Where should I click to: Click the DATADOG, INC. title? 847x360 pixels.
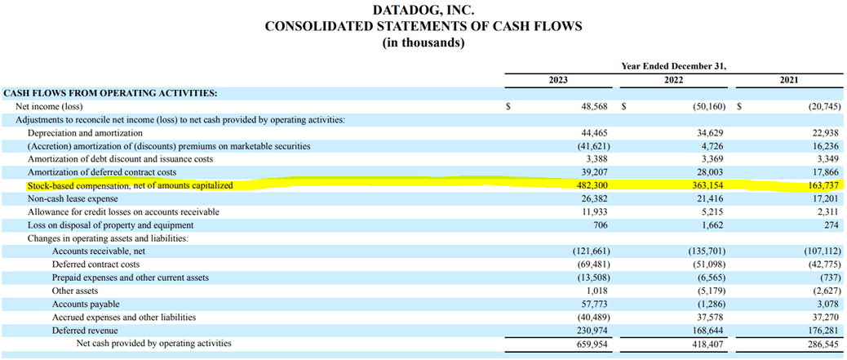pyautogui.click(x=423, y=11)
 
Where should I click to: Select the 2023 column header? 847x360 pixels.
pyautogui.click(x=558, y=80)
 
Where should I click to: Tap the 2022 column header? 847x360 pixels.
pyautogui.click(x=673, y=80)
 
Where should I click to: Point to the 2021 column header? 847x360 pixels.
pyautogui.click(x=788, y=80)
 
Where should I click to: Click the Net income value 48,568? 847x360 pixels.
pyautogui.click(x=591, y=107)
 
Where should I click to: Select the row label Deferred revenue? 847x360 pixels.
pyautogui.click(x=85, y=331)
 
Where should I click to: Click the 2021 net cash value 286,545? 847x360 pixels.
pyautogui.click(x=822, y=344)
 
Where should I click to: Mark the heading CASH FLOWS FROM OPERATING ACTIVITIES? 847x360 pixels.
pyautogui.click(x=110, y=94)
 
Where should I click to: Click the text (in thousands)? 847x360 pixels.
pyautogui.click(x=423, y=42)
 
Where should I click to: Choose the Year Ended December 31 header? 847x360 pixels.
pyautogui.click(x=673, y=66)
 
